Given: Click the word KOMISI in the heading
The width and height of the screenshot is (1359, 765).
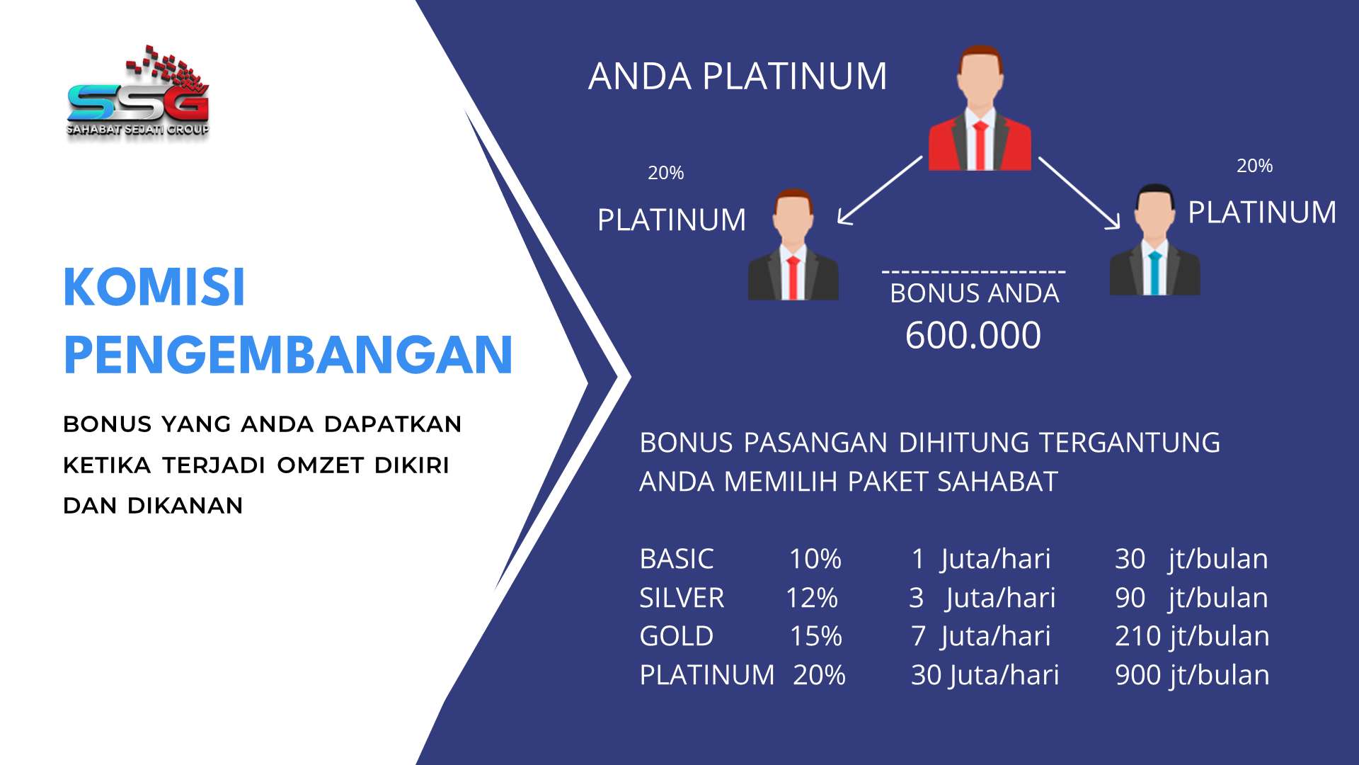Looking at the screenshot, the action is click(154, 287).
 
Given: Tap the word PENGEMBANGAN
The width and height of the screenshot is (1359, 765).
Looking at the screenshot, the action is click(288, 354).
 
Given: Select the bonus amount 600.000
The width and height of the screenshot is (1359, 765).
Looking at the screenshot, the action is click(973, 335).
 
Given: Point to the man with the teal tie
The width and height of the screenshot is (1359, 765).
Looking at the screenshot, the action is click(1154, 240).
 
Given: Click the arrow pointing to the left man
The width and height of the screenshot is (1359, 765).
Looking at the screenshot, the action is click(880, 190).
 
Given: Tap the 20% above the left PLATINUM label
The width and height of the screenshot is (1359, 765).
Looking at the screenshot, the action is click(666, 173).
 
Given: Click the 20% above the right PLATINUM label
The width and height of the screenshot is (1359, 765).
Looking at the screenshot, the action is click(1255, 166).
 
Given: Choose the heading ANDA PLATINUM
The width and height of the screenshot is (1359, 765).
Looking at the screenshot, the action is click(738, 76).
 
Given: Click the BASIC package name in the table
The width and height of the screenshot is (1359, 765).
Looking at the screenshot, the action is click(677, 559).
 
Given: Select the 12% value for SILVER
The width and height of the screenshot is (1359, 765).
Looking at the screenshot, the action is click(812, 598).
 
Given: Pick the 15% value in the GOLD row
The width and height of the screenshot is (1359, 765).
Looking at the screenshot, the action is click(816, 636).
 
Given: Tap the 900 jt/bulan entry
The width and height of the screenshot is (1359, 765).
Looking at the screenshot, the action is click(1192, 675).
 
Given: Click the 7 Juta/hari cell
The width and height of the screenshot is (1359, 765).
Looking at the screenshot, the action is click(981, 636).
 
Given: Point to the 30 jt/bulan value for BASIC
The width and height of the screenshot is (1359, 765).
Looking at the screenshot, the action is click(1192, 559).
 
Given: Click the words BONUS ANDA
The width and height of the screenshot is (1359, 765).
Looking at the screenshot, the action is click(975, 293).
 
